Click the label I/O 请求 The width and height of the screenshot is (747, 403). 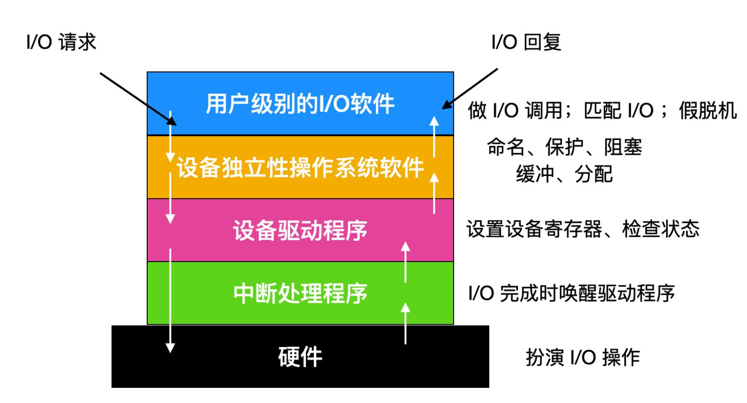point(61,43)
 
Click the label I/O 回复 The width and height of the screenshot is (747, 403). point(526,43)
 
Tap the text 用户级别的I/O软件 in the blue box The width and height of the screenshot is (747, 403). point(300,104)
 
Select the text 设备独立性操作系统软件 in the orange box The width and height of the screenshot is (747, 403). point(300,167)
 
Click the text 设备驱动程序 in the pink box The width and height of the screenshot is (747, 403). point(300,230)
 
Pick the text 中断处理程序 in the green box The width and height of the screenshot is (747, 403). point(300,293)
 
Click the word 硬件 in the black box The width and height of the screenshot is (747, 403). point(300,357)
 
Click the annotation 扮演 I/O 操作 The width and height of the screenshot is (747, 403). point(583,357)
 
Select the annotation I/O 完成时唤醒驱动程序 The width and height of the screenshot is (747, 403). point(571,293)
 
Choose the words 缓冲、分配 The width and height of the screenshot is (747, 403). point(564,175)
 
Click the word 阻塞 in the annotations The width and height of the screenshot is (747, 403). point(623,148)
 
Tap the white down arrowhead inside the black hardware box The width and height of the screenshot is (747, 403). point(170,348)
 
